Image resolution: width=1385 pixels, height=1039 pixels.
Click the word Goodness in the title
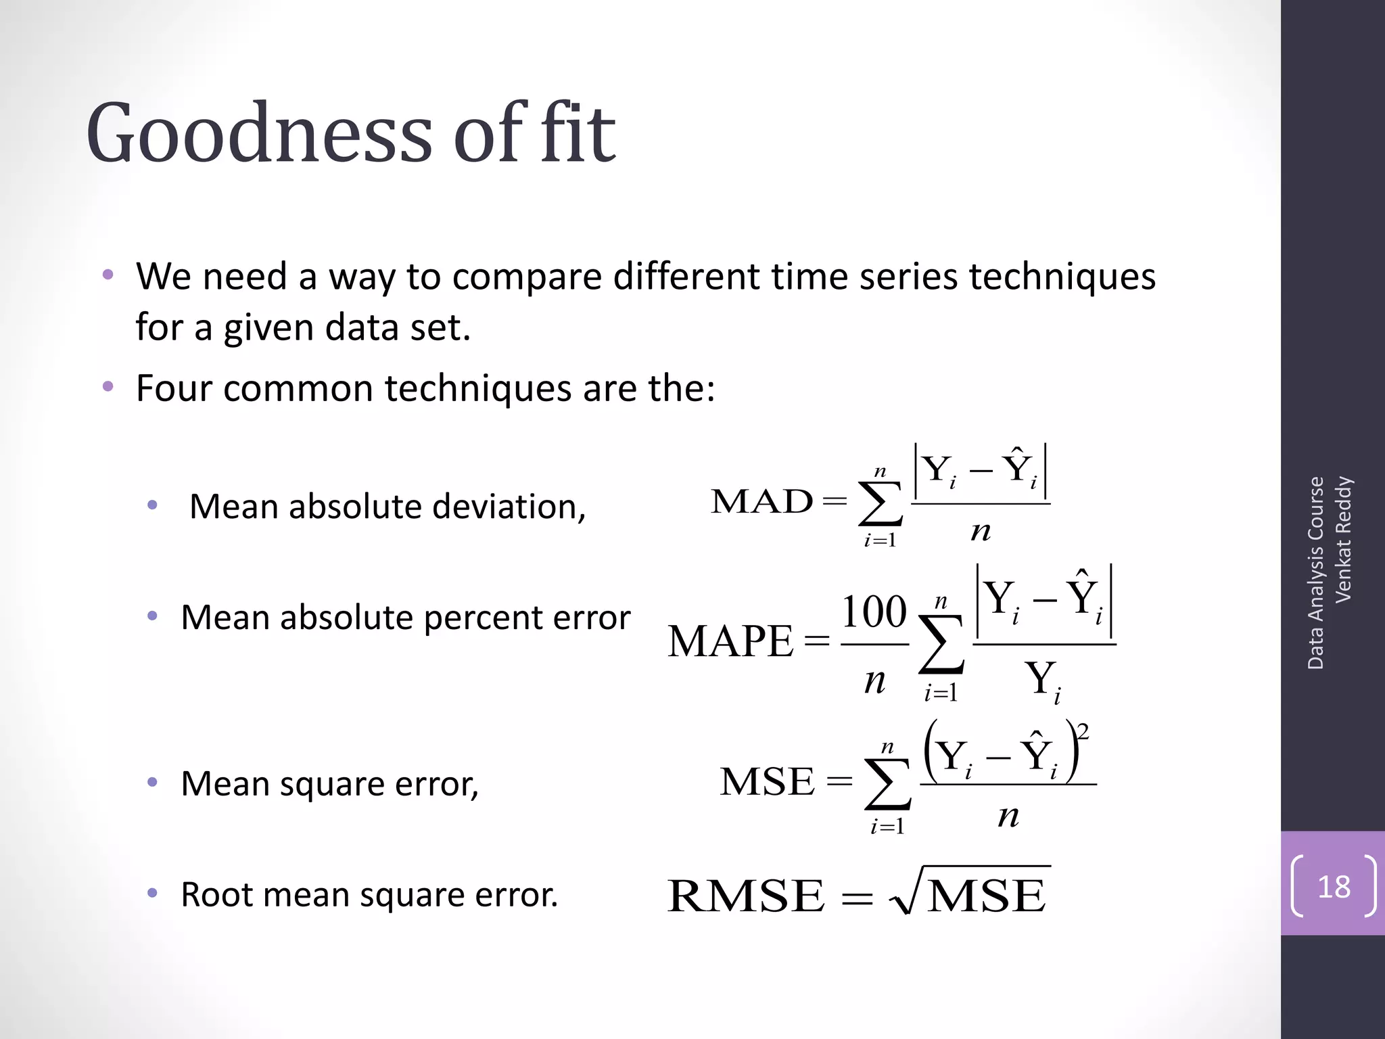point(258,133)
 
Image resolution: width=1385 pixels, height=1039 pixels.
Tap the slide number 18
point(1334,887)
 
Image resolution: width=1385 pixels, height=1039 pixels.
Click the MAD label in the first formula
point(761,502)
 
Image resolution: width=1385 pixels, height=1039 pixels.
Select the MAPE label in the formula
point(730,641)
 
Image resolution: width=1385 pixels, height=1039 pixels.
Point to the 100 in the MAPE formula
point(874,611)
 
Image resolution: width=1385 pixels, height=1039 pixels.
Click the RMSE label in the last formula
point(746,896)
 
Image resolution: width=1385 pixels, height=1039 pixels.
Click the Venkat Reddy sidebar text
point(1342,539)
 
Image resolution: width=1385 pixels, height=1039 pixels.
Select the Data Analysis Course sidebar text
point(1315,573)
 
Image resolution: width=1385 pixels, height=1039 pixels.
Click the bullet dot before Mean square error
point(153,783)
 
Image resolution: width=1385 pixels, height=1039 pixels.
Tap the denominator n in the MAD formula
point(981,532)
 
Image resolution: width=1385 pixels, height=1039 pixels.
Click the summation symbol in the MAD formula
point(881,505)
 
